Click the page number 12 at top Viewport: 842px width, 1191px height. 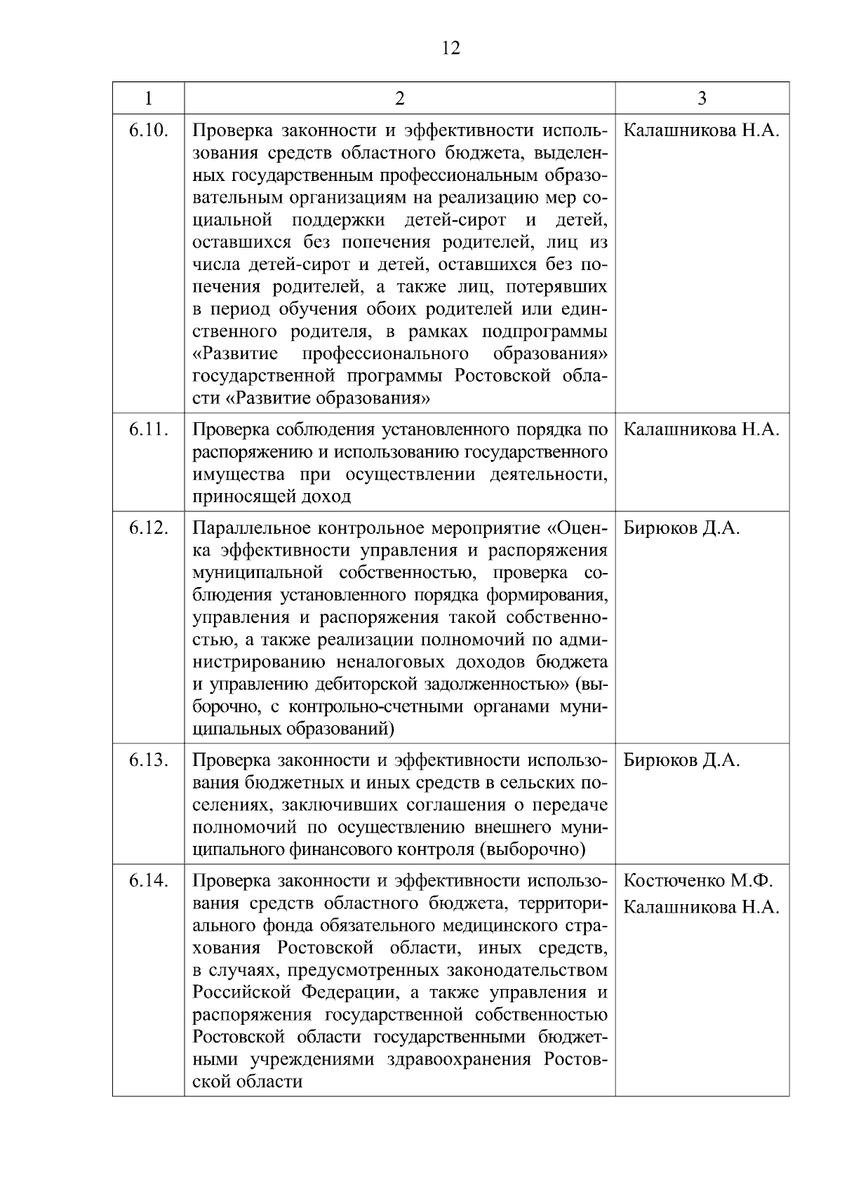coord(451,48)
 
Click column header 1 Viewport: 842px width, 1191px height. coord(148,98)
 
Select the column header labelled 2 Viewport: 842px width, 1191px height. coord(399,98)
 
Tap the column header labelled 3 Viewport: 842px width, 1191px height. coord(702,98)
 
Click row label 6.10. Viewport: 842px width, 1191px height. coord(148,131)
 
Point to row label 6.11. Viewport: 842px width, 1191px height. coord(148,430)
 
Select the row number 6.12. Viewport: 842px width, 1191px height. coord(148,528)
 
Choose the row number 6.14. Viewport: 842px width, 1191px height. coord(148,881)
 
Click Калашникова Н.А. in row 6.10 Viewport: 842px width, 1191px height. coord(701,131)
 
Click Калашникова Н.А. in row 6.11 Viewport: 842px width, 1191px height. coord(701,430)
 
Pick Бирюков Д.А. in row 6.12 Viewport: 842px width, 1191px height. coord(681,528)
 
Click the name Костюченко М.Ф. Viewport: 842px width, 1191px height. coord(697,881)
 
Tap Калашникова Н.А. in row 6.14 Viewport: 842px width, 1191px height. coord(701,908)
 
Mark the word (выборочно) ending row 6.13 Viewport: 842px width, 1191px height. coord(532,850)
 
